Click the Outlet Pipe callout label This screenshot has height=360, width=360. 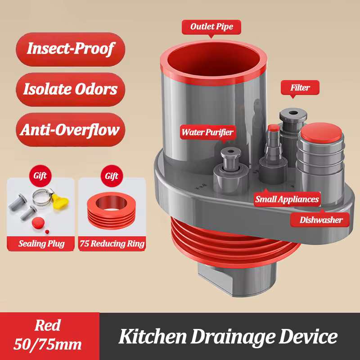[x=211, y=27]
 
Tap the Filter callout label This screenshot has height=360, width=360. [x=300, y=87]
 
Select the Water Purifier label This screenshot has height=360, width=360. [x=208, y=132]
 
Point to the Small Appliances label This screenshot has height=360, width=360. [x=287, y=199]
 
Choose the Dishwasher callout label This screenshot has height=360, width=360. [x=320, y=220]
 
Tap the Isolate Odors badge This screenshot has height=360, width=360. [x=71, y=90]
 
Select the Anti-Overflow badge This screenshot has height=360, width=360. [x=71, y=130]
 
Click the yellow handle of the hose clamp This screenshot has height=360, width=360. [x=60, y=201]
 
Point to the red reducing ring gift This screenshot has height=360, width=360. [x=111, y=210]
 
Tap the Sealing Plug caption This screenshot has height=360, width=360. [x=41, y=243]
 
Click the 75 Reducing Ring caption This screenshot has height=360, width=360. [x=112, y=243]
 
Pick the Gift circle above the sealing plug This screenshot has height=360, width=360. [x=40, y=176]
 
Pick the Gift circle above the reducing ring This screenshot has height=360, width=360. [x=112, y=176]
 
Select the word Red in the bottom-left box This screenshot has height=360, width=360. [x=48, y=325]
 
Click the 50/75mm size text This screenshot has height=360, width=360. [x=48, y=344]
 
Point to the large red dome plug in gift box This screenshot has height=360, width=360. [x=38, y=222]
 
